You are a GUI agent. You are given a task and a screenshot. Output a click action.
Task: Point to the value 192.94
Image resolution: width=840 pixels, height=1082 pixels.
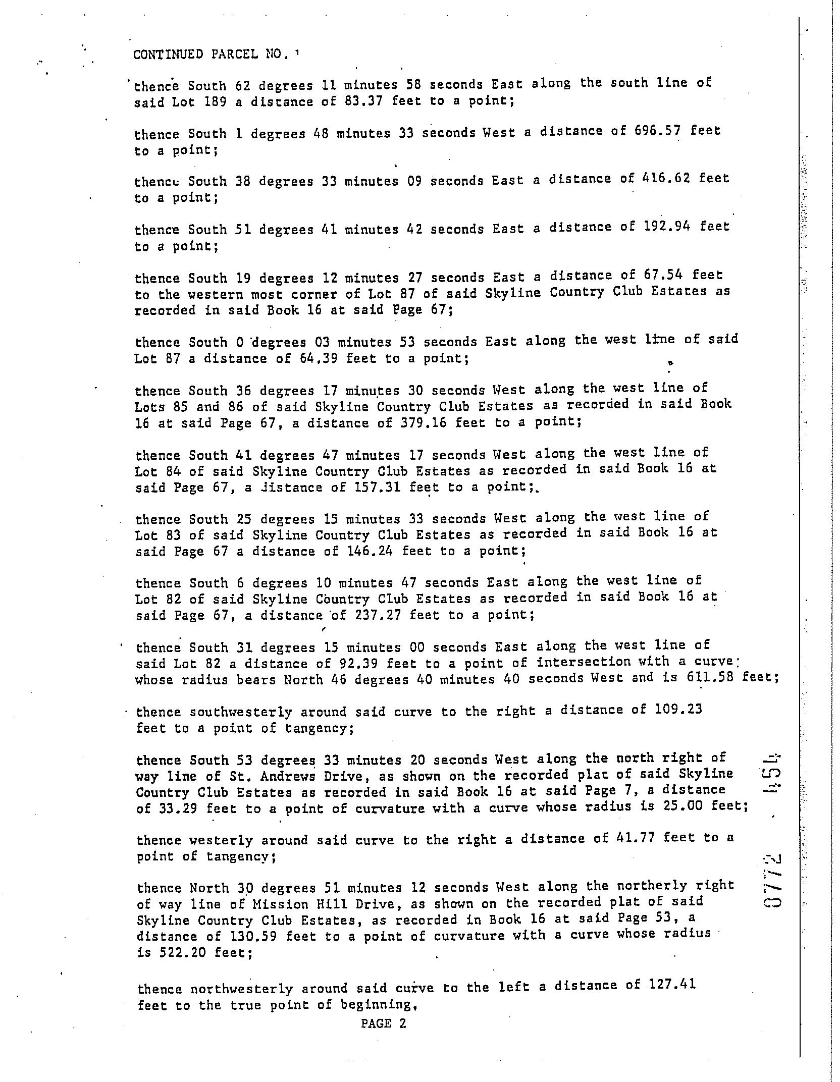[x=667, y=227]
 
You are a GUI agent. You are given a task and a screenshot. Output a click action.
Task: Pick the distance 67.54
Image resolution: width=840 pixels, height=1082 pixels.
[x=663, y=275]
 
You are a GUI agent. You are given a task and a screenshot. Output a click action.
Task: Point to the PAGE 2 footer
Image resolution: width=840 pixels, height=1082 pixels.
[x=384, y=1023]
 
